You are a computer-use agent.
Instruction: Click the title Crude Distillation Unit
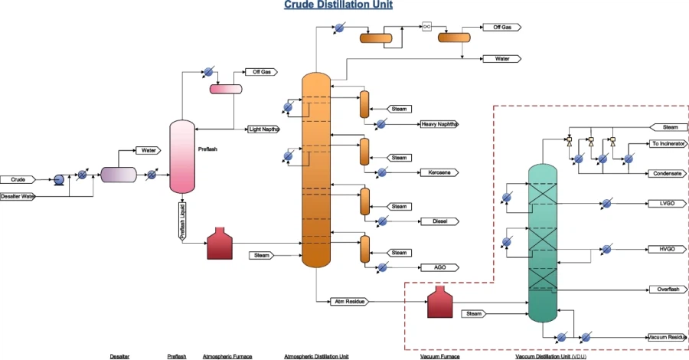[x=338, y=5]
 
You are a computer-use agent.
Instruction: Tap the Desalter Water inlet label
[x=16, y=197]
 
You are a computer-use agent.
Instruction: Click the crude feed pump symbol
[x=58, y=179]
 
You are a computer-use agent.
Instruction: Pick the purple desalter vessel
[x=118, y=175]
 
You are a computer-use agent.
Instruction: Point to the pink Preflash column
[x=182, y=156]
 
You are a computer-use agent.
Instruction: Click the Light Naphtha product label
[x=264, y=129]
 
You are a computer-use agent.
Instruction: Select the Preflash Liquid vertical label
[x=182, y=222]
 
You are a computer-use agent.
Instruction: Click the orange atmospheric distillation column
[x=315, y=170]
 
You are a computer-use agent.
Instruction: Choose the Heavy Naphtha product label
[x=439, y=124]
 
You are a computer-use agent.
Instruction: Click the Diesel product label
[x=439, y=221]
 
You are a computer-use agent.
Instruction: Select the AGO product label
[x=439, y=267]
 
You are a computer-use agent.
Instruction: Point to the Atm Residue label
[x=348, y=301]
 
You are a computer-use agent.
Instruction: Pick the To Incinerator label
[x=668, y=143]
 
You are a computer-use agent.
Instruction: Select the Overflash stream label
[x=668, y=289]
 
